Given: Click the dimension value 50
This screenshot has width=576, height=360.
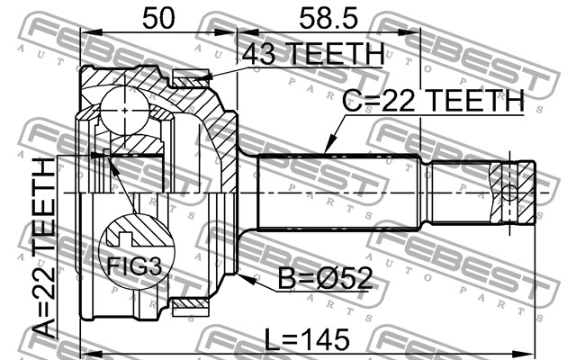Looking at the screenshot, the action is [x=158, y=19].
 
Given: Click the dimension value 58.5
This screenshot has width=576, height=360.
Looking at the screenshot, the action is [x=328, y=19].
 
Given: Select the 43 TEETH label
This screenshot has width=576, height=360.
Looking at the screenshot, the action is [x=312, y=54].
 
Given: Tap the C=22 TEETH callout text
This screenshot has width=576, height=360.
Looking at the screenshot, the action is [x=433, y=101].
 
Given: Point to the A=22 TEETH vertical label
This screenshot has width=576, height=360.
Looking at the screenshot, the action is [x=44, y=248].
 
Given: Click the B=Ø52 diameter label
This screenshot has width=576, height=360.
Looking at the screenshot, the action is [x=325, y=278].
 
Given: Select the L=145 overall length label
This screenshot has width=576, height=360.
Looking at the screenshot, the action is [x=307, y=339].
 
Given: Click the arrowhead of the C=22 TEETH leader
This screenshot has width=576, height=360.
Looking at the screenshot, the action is [x=330, y=144].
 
